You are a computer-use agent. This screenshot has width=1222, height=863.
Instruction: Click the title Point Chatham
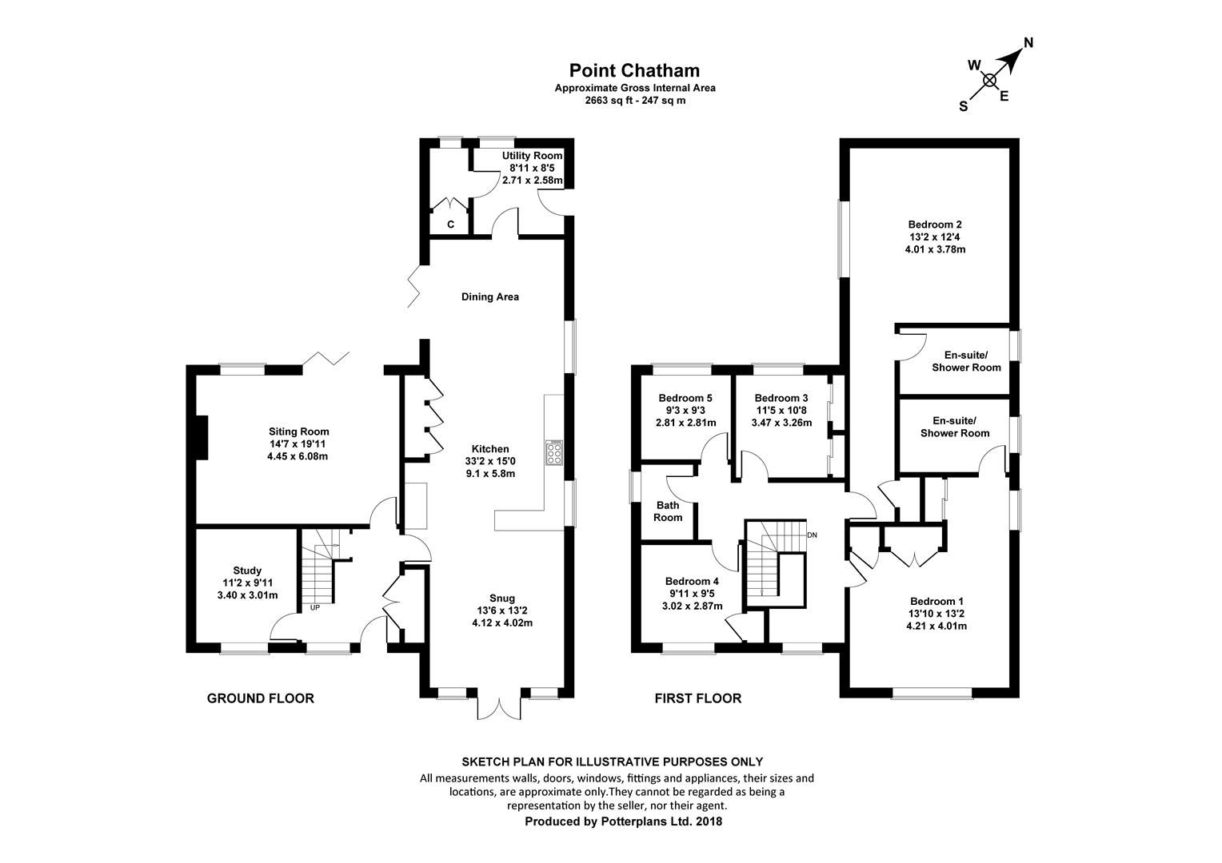(634, 71)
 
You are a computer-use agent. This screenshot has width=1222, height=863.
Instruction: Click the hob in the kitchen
(553, 452)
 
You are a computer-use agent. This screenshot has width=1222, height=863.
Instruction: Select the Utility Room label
(532, 156)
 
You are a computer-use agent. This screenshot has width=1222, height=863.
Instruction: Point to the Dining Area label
(489, 297)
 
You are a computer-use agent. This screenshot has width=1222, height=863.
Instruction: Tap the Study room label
(247, 571)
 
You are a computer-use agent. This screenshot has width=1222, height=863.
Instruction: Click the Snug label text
(502, 598)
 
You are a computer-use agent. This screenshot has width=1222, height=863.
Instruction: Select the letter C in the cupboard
(450, 225)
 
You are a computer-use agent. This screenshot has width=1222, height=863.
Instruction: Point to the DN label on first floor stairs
(813, 535)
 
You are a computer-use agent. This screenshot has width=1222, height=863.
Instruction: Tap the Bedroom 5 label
(685, 398)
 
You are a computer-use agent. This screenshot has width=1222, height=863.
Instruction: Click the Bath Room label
(668, 511)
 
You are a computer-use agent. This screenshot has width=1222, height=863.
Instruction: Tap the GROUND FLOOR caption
(260, 698)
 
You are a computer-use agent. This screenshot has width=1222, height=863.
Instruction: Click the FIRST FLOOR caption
(697, 698)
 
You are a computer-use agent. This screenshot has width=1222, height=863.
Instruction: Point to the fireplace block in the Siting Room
(202, 437)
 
